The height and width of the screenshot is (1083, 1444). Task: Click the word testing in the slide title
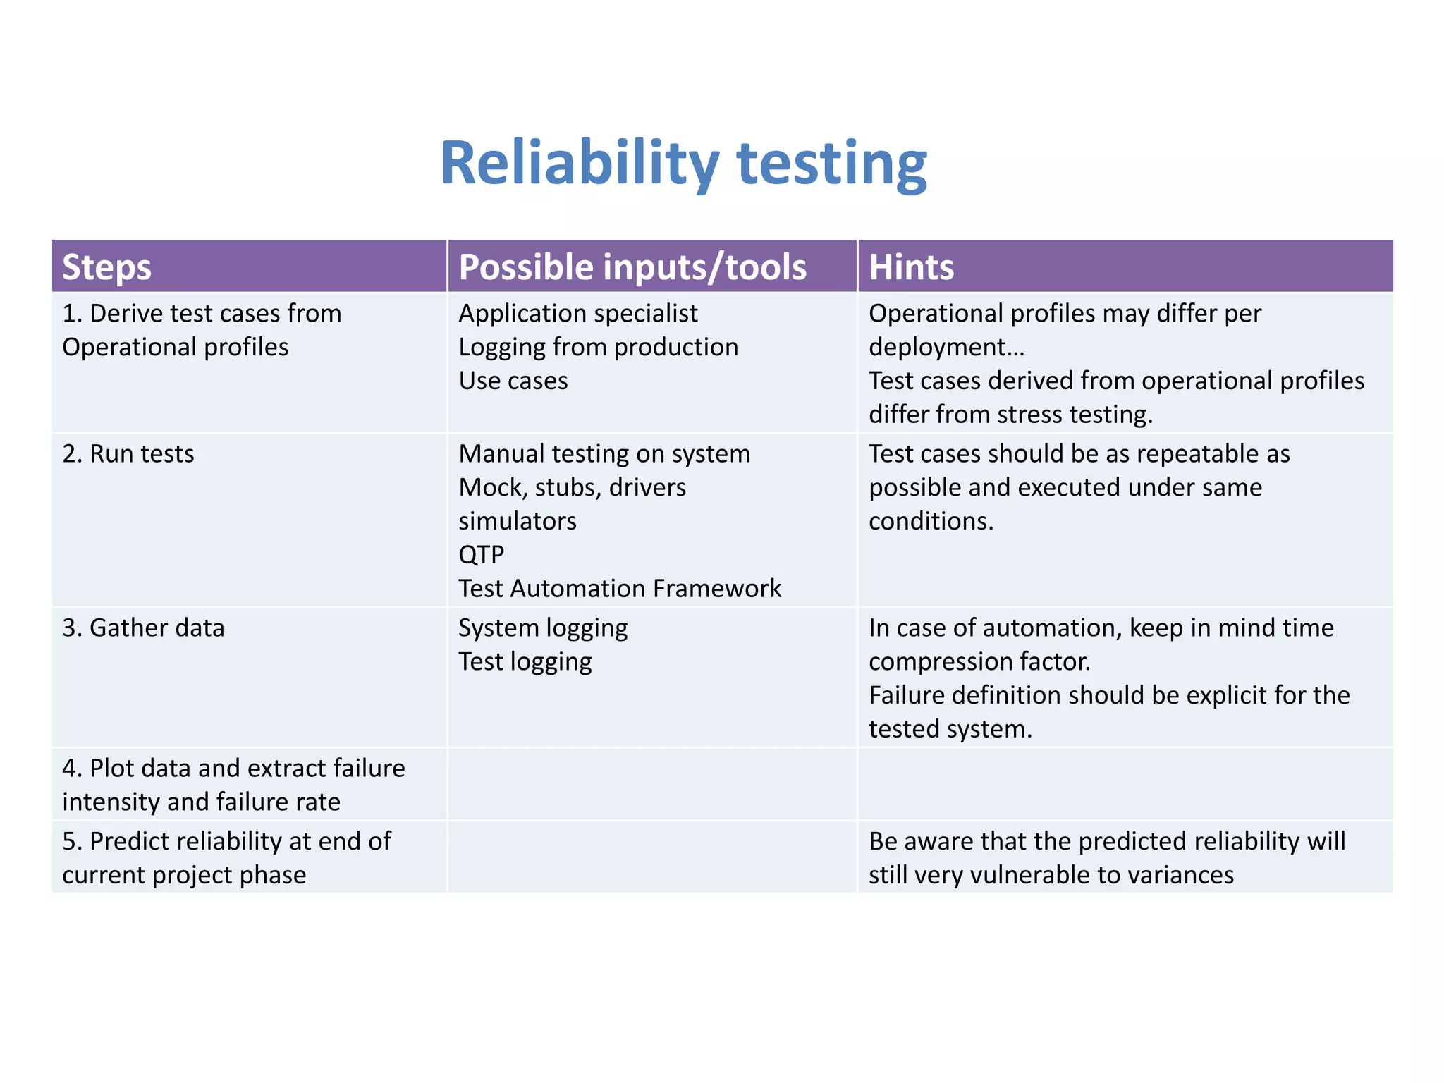(831, 164)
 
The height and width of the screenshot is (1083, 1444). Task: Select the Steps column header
(106, 267)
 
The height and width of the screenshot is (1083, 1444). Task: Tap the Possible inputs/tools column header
(632, 267)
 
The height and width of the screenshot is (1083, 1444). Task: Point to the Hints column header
(911, 267)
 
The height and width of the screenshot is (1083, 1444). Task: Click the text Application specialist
(578, 313)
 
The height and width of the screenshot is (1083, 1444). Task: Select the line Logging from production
(598, 347)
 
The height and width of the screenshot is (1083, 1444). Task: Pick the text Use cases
(513, 381)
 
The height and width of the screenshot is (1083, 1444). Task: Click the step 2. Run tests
(128, 453)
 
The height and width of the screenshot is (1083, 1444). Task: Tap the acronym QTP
(482, 555)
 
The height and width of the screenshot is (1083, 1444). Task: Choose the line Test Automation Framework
(620, 589)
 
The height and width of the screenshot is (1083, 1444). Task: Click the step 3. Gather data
(143, 628)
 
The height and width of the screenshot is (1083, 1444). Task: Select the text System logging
(543, 628)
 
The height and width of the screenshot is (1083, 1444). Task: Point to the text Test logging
(525, 661)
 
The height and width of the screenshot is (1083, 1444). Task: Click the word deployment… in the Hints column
(946, 347)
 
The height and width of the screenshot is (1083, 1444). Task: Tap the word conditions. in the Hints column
(931, 521)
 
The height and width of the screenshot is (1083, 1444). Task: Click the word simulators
(518, 521)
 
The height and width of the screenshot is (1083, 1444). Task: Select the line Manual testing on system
(604, 453)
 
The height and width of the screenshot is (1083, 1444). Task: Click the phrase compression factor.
(979, 661)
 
